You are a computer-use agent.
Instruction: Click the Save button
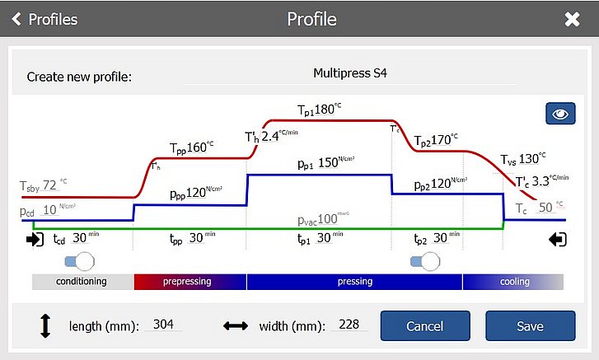tap(530, 326)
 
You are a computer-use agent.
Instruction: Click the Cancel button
tap(424, 326)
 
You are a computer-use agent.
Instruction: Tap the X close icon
tap(572, 19)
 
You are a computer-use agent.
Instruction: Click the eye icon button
tap(560, 114)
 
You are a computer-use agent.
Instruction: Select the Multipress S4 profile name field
tap(349, 73)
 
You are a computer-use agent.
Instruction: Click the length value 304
tap(163, 325)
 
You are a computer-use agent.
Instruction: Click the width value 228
tap(349, 325)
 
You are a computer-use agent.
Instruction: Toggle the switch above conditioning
tap(80, 261)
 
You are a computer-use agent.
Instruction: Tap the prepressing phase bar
tap(190, 282)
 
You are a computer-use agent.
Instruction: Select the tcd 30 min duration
tap(80, 239)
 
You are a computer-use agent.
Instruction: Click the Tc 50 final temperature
tap(545, 208)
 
